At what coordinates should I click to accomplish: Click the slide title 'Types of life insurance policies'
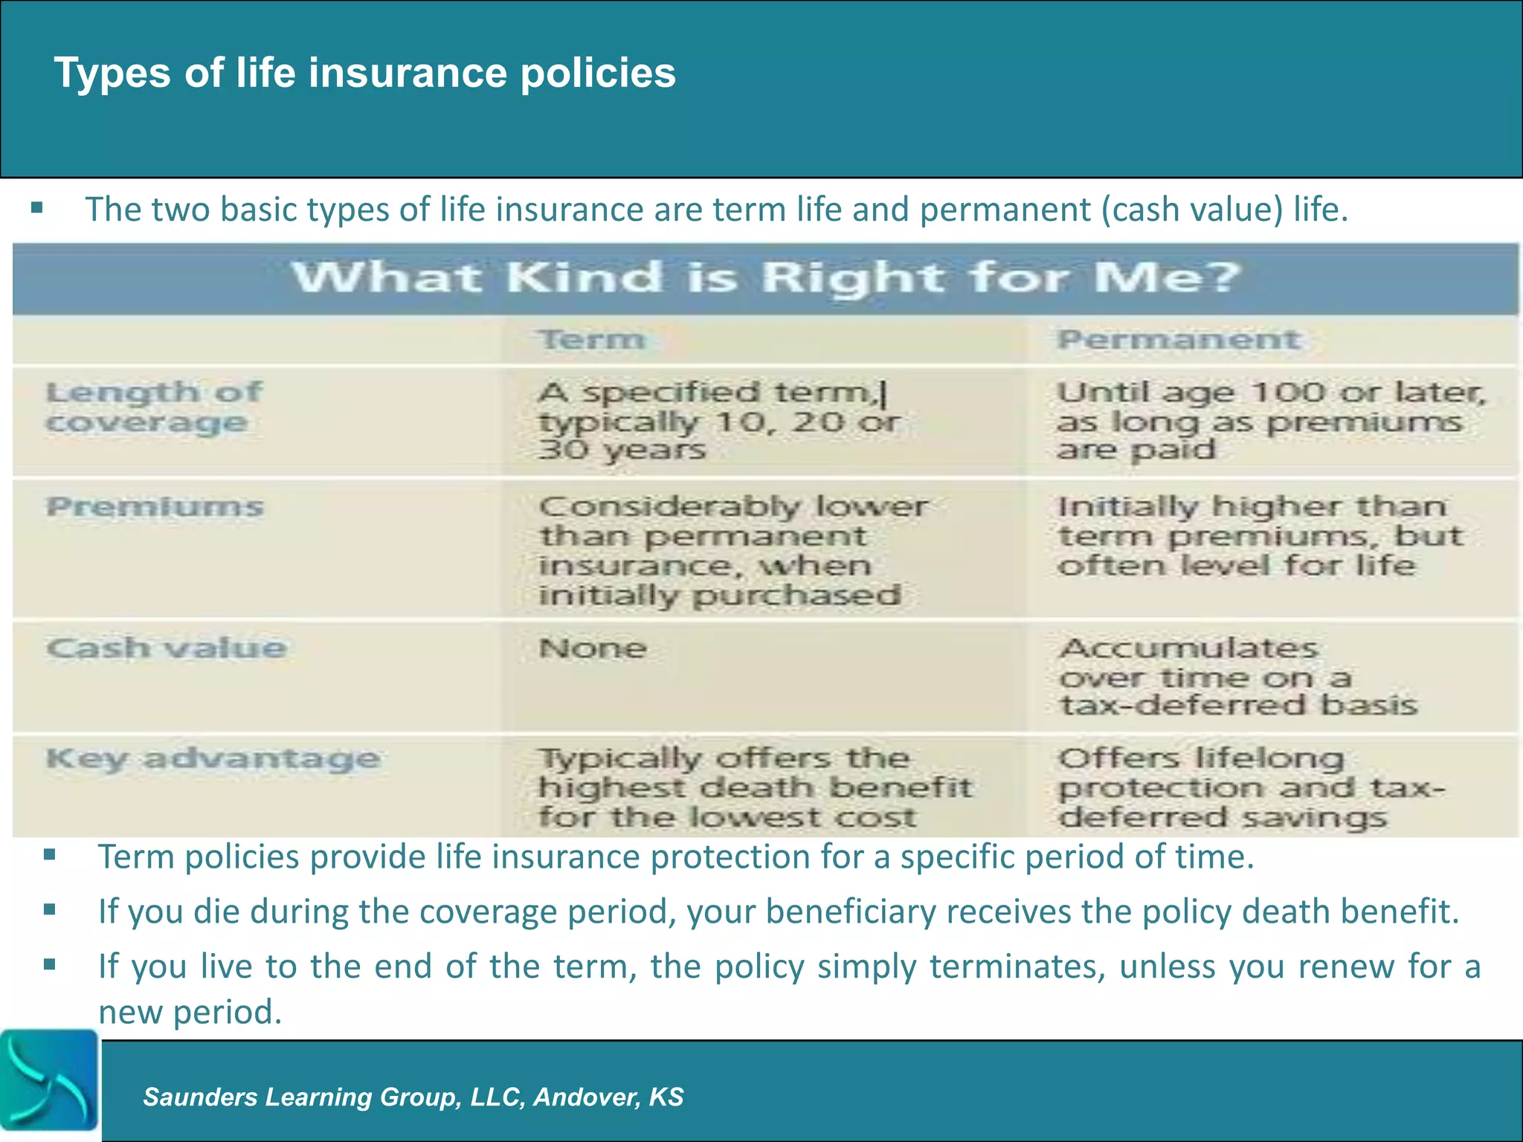pos(364,73)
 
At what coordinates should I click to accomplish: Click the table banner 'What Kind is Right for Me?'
pos(766,277)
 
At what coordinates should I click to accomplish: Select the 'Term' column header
pos(592,340)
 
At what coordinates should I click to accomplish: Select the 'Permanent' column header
pos(1179,340)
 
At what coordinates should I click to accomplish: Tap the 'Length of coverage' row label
pos(153,407)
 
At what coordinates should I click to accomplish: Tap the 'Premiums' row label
pos(155,507)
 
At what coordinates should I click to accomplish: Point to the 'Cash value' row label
pos(166,648)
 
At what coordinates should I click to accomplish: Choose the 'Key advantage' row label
pos(213,759)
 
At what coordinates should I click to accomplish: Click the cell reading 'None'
pos(593,648)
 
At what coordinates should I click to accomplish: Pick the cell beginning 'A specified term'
pos(718,421)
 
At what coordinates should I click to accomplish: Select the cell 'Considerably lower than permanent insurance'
pos(732,550)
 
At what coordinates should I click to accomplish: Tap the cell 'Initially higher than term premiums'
pos(1258,535)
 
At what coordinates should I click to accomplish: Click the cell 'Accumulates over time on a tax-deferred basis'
pos(1237,677)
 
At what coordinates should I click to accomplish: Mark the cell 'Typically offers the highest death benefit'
pos(753,787)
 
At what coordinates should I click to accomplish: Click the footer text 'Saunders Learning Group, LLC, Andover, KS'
pos(413,1097)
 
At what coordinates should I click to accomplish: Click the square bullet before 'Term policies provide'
pos(50,855)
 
